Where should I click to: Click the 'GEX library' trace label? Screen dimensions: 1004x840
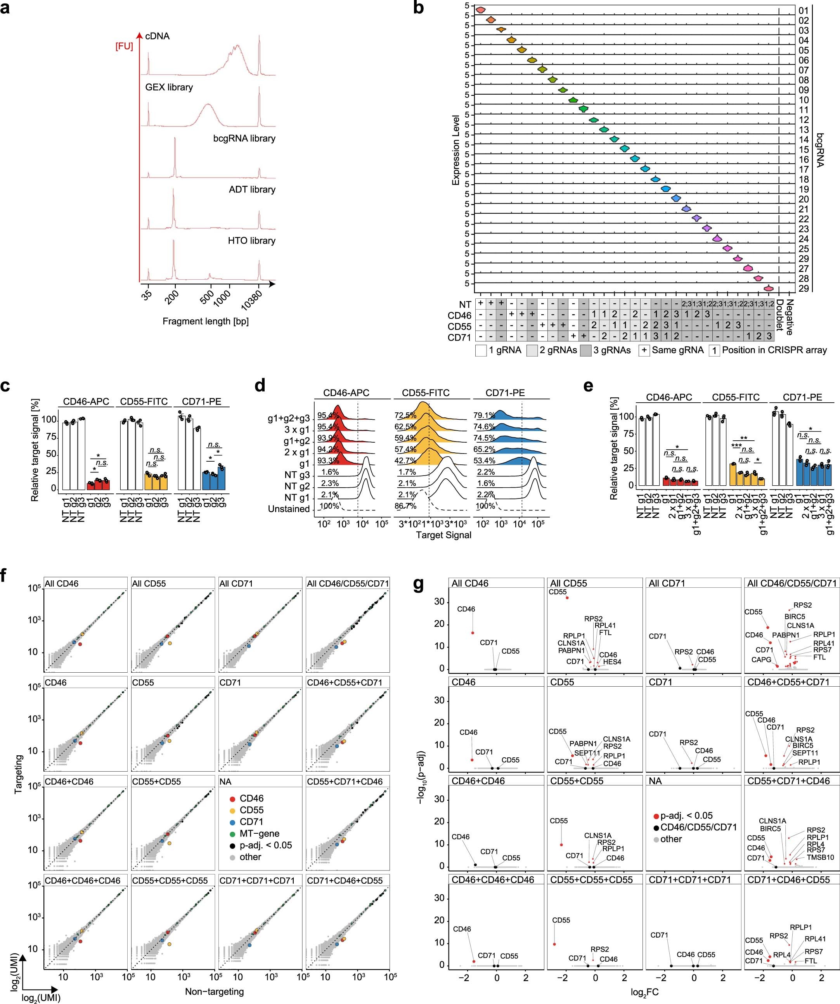coord(169,87)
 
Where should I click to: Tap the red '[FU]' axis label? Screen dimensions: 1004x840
coord(124,47)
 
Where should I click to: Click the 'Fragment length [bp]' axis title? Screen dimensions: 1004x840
coord(205,321)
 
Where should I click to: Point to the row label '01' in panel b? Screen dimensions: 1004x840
coord(803,10)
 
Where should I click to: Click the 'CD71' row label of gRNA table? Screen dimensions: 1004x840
coord(459,338)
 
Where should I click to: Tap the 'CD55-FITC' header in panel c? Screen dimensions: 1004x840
coord(144,402)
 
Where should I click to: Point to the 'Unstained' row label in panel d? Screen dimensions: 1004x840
coord(289,509)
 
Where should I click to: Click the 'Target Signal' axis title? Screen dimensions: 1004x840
coord(443,535)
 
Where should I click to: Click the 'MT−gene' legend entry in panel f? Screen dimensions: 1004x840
coord(259,833)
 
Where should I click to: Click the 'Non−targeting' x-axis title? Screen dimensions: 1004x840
coord(214,992)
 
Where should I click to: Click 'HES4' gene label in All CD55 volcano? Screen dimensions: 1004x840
coord(612,662)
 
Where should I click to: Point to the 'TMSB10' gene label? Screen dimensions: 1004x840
coord(820,857)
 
